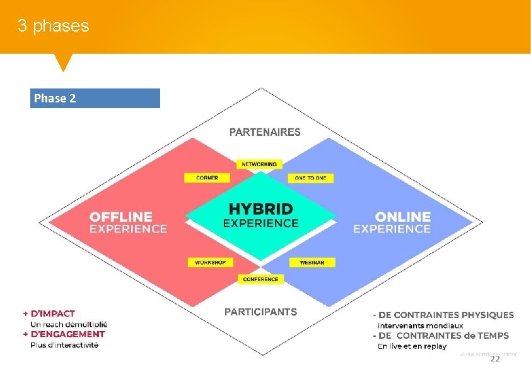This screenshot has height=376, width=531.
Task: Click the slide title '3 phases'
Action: [54, 26]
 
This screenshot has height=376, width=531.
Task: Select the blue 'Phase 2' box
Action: [95, 98]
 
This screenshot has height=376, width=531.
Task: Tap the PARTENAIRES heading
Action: [265, 132]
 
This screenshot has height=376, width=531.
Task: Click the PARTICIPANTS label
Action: [260, 312]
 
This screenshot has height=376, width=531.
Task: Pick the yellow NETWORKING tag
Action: [259, 164]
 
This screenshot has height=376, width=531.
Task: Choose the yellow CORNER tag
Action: [207, 178]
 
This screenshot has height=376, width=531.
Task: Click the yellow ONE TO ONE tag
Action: [310, 178]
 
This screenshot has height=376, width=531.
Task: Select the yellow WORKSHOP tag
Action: [210, 262]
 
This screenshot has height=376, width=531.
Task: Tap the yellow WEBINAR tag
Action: [312, 262]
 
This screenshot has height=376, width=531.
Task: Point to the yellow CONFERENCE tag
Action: [260, 279]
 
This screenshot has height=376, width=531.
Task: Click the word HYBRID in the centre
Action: [260, 209]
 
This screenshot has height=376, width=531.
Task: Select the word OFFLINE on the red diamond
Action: [121, 217]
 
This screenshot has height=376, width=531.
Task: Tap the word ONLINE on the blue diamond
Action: [402, 217]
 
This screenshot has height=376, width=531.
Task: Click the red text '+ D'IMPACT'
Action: [49, 313]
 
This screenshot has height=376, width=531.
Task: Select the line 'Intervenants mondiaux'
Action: [420, 325]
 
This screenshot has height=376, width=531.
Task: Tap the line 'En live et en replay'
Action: [411, 346]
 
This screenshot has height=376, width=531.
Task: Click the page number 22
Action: [494, 358]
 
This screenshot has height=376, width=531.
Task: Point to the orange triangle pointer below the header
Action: [63, 61]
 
